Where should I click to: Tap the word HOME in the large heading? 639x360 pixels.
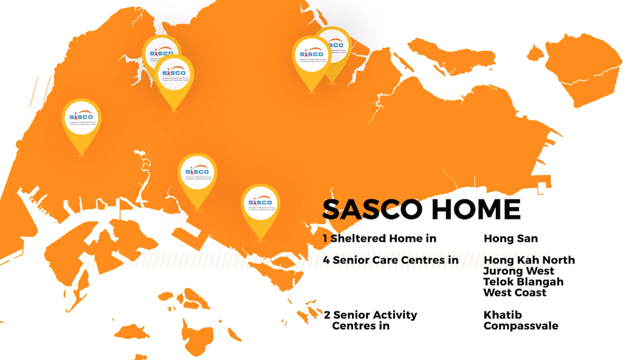click(x=476, y=210)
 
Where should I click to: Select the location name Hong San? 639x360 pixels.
click(x=511, y=239)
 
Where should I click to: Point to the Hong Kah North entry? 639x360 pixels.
click(x=529, y=260)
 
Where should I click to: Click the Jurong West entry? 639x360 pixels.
click(x=519, y=271)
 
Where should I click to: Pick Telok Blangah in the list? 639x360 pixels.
click(x=523, y=282)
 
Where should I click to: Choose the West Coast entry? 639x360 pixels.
click(x=515, y=293)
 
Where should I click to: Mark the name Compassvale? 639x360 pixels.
click(x=521, y=326)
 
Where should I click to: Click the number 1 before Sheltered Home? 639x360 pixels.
click(x=325, y=239)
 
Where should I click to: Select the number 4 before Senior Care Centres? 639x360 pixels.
click(x=326, y=260)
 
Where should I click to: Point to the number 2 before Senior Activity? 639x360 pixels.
click(x=327, y=315)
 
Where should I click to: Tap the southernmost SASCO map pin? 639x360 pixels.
click(x=260, y=206)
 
